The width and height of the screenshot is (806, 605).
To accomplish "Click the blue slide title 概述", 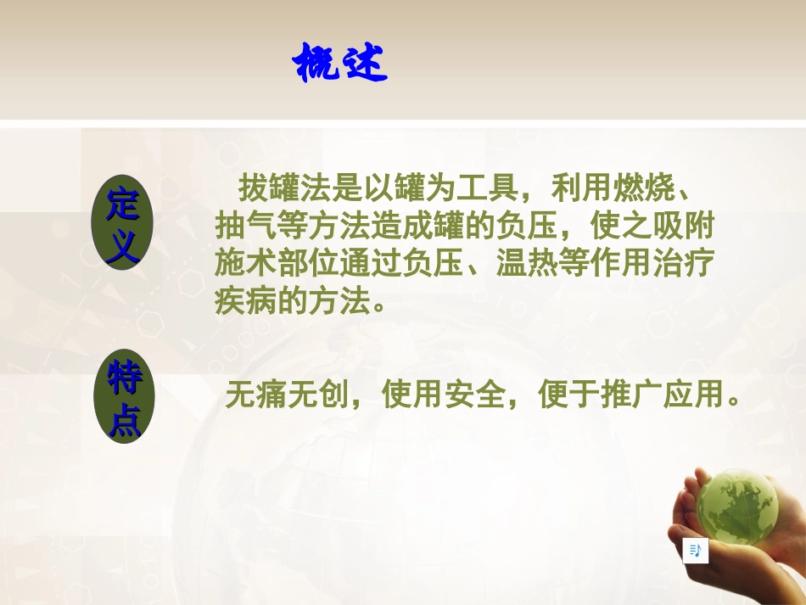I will point(339,64).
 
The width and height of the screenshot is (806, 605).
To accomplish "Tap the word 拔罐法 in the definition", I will point(283,186).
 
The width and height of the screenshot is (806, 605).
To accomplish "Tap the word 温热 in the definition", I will point(530,264).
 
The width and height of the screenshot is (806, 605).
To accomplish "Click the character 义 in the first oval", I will point(124,246).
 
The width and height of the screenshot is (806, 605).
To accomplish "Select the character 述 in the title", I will point(363,64).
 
